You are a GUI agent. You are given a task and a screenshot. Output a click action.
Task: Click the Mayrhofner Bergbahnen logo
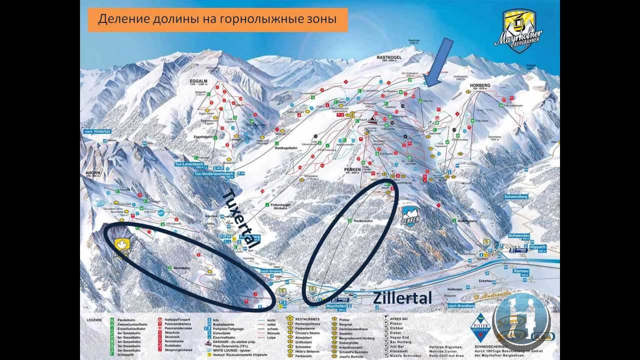tap(518, 30)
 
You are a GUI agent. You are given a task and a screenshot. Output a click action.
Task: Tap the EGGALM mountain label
tap(198, 79)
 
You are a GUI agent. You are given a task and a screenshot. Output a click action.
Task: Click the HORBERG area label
tap(480, 85)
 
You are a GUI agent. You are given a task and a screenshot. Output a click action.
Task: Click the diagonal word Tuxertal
tap(239, 219)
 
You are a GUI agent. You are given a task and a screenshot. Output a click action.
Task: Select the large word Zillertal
tap(402, 298)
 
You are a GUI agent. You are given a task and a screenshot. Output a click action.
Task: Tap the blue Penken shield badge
tap(410, 216)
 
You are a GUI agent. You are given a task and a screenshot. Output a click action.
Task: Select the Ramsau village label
tap(520, 270)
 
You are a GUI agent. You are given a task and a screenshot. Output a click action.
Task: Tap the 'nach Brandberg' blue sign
tap(460, 305)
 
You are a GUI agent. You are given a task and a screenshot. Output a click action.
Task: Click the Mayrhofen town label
tap(336, 305)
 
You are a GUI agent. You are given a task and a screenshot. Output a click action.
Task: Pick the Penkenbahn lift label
tap(363, 220)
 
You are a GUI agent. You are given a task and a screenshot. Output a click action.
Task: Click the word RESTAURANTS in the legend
tap(307, 318)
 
